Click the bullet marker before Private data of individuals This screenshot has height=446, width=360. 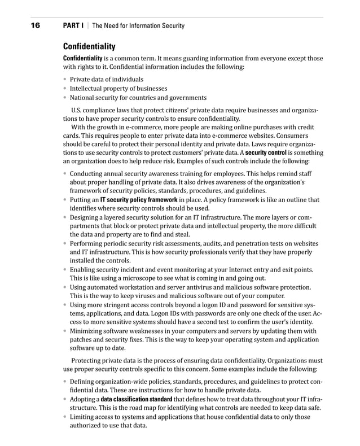click(65, 80)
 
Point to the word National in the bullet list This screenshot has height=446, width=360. click(82, 98)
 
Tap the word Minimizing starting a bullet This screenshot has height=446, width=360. click(89, 331)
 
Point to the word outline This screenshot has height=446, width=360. click(287, 200)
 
